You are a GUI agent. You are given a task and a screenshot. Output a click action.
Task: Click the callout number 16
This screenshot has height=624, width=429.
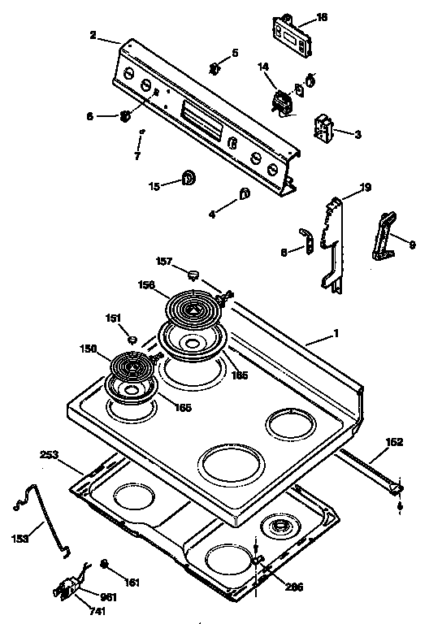tap(322, 16)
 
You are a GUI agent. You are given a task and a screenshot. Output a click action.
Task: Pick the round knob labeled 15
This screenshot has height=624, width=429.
tap(188, 177)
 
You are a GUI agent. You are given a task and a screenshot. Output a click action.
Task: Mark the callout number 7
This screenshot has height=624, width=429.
tap(137, 154)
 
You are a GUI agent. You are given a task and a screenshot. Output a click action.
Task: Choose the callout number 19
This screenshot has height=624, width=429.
tap(366, 188)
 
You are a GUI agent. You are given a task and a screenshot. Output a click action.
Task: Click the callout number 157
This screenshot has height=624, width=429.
tap(164, 262)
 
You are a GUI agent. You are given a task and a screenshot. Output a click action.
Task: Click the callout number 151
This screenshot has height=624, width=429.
tap(113, 318)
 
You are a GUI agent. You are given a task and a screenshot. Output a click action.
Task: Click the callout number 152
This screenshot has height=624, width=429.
tap(394, 442)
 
